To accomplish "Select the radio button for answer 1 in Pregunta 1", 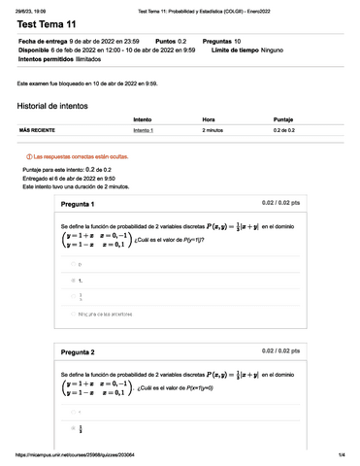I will pos(72,281).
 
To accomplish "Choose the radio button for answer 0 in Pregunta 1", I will pos(72,263).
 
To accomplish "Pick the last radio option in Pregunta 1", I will pos(72,315).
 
